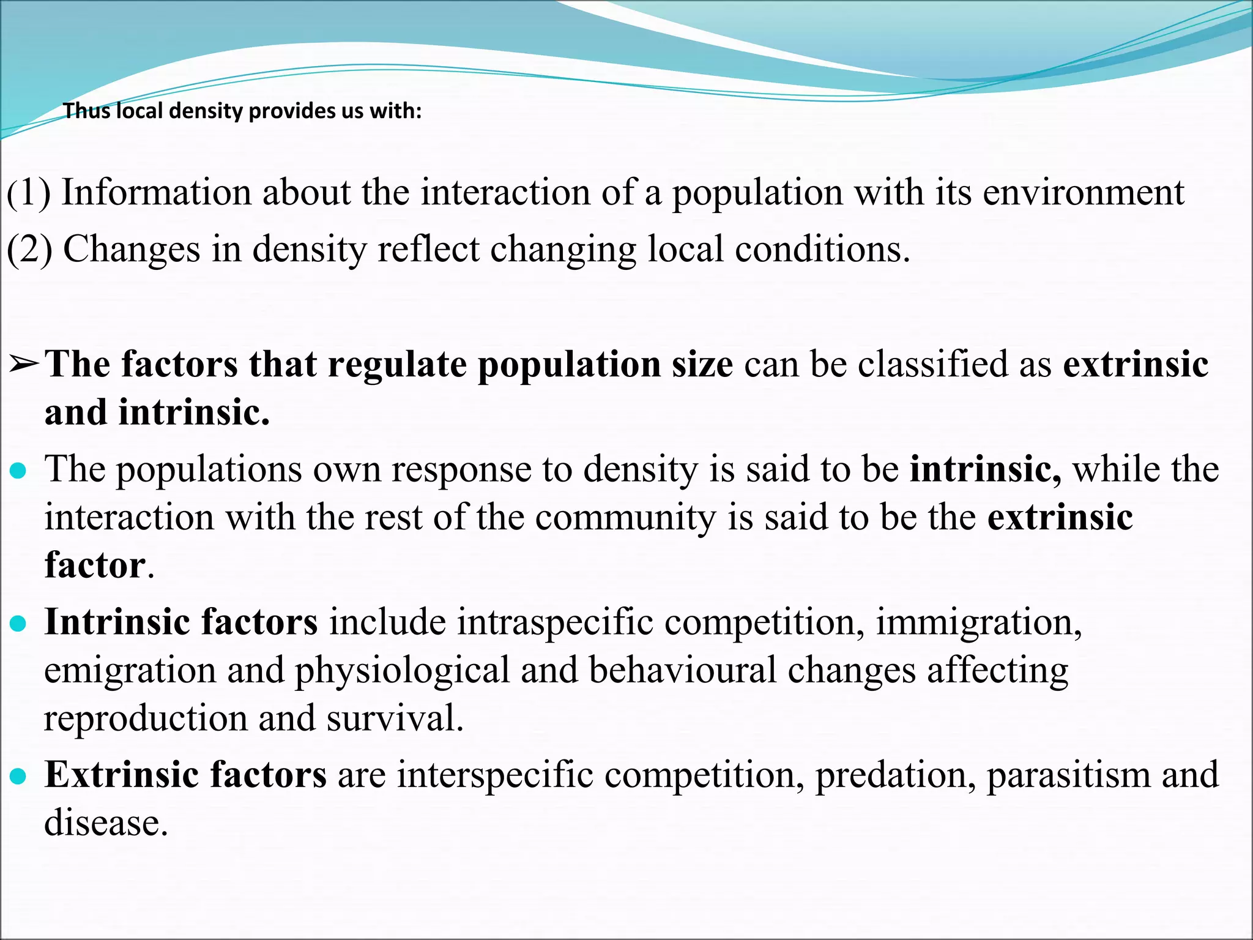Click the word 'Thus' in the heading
pyautogui.click(x=87, y=111)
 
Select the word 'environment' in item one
pyautogui.click(x=1083, y=192)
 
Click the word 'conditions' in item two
pyautogui.click(x=817, y=249)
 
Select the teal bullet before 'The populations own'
pyautogui.click(x=19, y=471)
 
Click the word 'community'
pyautogui.click(x=625, y=517)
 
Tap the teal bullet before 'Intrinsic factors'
pyautogui.click(x=19, y=624)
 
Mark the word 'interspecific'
pyautogui.click(x=495, y=775)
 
